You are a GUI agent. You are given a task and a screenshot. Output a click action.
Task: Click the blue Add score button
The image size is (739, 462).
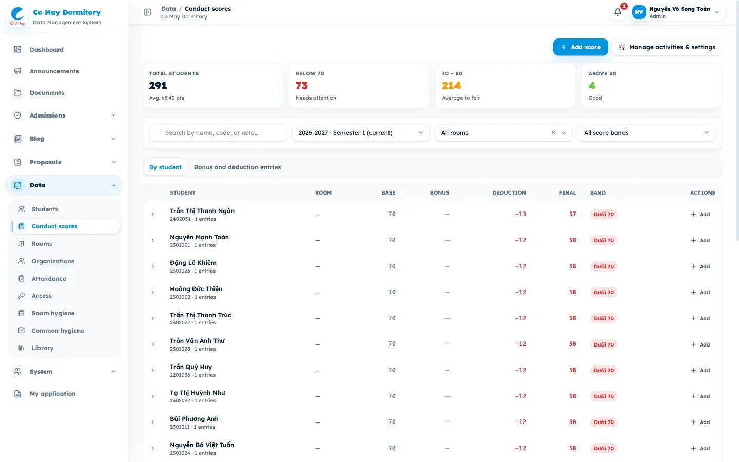coord(580,47)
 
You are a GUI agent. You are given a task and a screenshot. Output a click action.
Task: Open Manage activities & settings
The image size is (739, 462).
coord(667,47)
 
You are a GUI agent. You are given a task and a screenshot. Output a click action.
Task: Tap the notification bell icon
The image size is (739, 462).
coord(617,12)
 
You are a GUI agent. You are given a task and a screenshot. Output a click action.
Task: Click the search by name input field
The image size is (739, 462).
coord(218,132)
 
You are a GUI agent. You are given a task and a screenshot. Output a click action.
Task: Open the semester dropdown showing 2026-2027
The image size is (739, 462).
coord(361,132)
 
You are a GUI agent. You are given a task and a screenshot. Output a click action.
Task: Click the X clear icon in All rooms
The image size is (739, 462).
coord(553,132)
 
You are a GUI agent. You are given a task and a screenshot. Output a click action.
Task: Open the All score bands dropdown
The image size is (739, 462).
coord(646,132)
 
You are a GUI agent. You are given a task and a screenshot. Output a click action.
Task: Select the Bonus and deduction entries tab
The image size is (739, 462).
coord(237,167)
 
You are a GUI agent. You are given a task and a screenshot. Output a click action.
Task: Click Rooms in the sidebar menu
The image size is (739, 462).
coord(42,243)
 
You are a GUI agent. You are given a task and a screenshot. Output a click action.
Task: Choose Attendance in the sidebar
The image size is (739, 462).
coord(49,279)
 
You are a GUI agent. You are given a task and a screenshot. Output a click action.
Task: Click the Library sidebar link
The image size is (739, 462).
coord(43,348)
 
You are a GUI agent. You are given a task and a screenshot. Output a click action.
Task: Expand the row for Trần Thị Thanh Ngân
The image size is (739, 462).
coord(153,214)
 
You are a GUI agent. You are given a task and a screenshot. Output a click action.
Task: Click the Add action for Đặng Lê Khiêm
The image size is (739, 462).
coord(701,266)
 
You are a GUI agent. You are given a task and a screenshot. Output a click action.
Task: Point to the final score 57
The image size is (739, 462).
coord(572,214)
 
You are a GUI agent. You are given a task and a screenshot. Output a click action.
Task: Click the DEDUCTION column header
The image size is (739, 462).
coord(509,192)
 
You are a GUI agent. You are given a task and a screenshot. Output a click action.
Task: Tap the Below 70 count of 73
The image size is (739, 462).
coord(302,86)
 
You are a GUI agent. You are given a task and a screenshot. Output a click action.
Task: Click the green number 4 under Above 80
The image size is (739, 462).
coord(592,86)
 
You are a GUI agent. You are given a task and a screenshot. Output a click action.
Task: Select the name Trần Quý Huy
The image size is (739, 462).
coord(191,367)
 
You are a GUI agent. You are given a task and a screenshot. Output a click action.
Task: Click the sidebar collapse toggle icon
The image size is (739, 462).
coord(147,12)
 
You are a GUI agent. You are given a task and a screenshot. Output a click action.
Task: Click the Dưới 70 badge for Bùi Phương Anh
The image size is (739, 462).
coord(604,422)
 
